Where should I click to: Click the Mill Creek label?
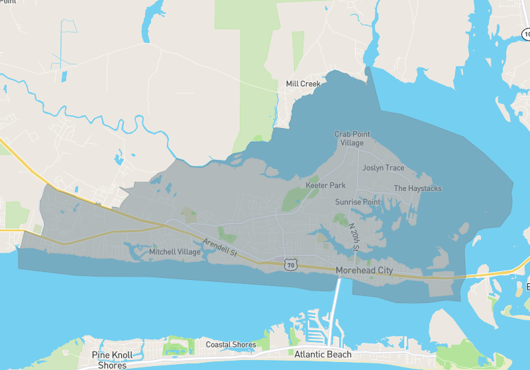click(x=303, y=84)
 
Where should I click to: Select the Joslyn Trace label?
click(x=383, y=168)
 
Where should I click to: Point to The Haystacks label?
click(x=417, y=188)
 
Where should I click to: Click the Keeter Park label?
click(x=325, y=185)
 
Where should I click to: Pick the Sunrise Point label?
click(x=358, y=202)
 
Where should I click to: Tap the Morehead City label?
click(x=364, y=271)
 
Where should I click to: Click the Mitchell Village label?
click(x=175, y=252)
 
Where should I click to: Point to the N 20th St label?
click(x=353, y=237)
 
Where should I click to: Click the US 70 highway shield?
click(x=290, y=265)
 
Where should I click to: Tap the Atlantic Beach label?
click(x=324, y=354)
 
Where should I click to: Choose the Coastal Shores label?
click(x=231, y=344)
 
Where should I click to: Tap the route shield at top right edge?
click(x=526, y=33)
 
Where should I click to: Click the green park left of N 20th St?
click(x=340, y=220)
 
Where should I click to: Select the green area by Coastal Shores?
click(x=177, y=345)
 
